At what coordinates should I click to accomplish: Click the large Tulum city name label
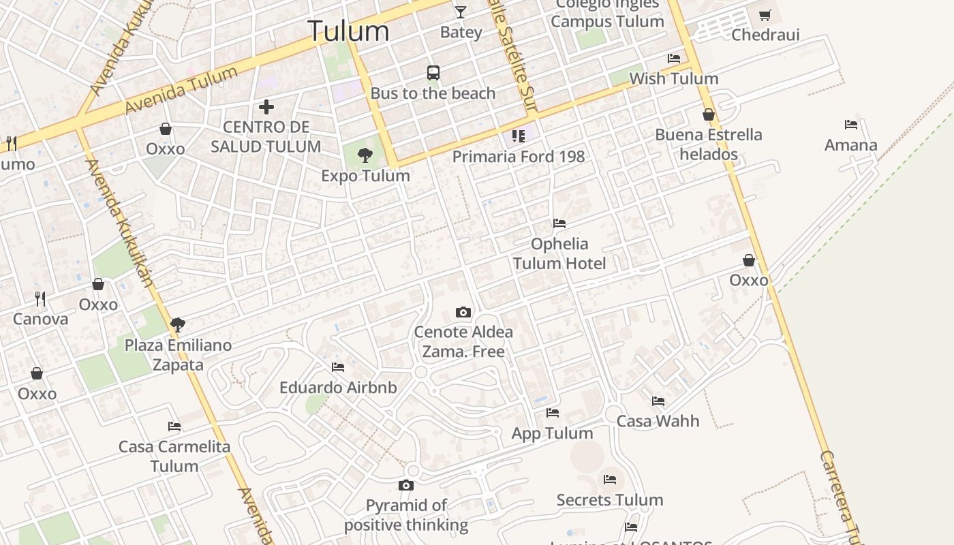[348, 31]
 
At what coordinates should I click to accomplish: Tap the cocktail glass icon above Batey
[461, 12]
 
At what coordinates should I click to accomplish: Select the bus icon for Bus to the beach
[433, 72]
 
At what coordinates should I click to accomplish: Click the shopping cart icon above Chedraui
[765, 14]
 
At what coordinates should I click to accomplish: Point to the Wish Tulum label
[673, 78]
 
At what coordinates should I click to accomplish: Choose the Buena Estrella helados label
[708, 144]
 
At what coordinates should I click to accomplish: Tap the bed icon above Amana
[851, 125]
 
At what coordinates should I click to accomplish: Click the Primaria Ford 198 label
[519, 157]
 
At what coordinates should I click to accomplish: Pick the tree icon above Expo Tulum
[365, 155]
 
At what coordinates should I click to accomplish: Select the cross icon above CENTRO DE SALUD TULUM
[266, 106]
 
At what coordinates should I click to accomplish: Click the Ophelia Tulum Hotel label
[559, 253]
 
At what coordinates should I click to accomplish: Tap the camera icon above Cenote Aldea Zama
[463, 312]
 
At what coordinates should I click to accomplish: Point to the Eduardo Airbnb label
[338, 388]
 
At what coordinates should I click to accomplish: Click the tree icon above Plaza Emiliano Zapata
[178, 324]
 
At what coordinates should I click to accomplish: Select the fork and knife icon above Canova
[40, 298]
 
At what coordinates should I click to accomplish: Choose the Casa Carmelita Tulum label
[174, 456]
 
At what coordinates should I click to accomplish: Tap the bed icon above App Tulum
[553, 413]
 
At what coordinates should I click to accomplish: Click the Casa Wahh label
[658, 421]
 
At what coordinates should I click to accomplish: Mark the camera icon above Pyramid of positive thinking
[406, 485]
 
